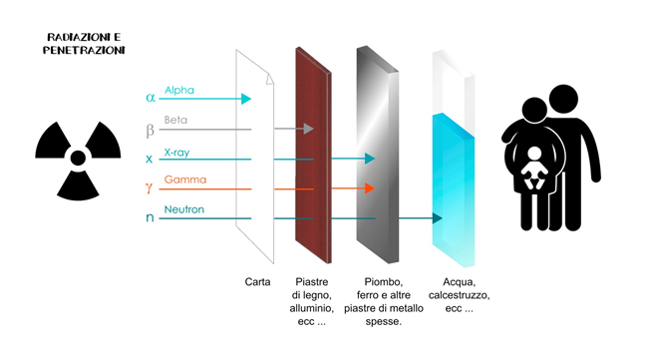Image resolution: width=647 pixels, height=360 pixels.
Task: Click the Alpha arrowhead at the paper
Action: point(246,99)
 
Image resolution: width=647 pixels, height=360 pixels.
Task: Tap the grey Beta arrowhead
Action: point(309,129)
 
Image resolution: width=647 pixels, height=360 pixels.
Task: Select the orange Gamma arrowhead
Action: point(370,188)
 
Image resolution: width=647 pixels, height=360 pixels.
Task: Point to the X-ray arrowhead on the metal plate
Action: point(370,159)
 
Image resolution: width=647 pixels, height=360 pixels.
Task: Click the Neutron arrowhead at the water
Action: point(438,218)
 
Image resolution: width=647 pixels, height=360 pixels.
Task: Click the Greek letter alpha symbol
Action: point(151,98)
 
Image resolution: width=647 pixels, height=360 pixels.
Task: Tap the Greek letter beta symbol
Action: point(151,131)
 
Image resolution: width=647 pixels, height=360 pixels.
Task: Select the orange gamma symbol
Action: point(149,188)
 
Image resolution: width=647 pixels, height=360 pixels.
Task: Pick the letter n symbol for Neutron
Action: point(150,217)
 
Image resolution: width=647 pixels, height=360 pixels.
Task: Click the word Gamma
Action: point(185,180)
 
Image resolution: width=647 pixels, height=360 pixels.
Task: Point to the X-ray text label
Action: point(176,153)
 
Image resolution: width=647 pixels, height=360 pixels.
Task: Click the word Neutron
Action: point(184,209)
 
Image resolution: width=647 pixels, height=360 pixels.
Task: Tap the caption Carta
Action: point(257,282)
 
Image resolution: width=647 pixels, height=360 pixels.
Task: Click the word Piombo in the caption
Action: point(383,282)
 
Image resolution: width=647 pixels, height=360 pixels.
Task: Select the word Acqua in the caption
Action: point(459,282)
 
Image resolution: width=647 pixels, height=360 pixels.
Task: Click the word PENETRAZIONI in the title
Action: point(84,51)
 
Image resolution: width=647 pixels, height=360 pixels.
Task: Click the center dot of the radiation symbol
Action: point(78,158)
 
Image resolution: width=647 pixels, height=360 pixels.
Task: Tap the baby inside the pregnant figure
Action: point(534,168)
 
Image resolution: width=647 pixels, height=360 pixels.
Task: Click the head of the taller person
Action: point(563,99)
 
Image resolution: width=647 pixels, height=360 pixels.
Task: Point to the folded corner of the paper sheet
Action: point(270,79)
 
